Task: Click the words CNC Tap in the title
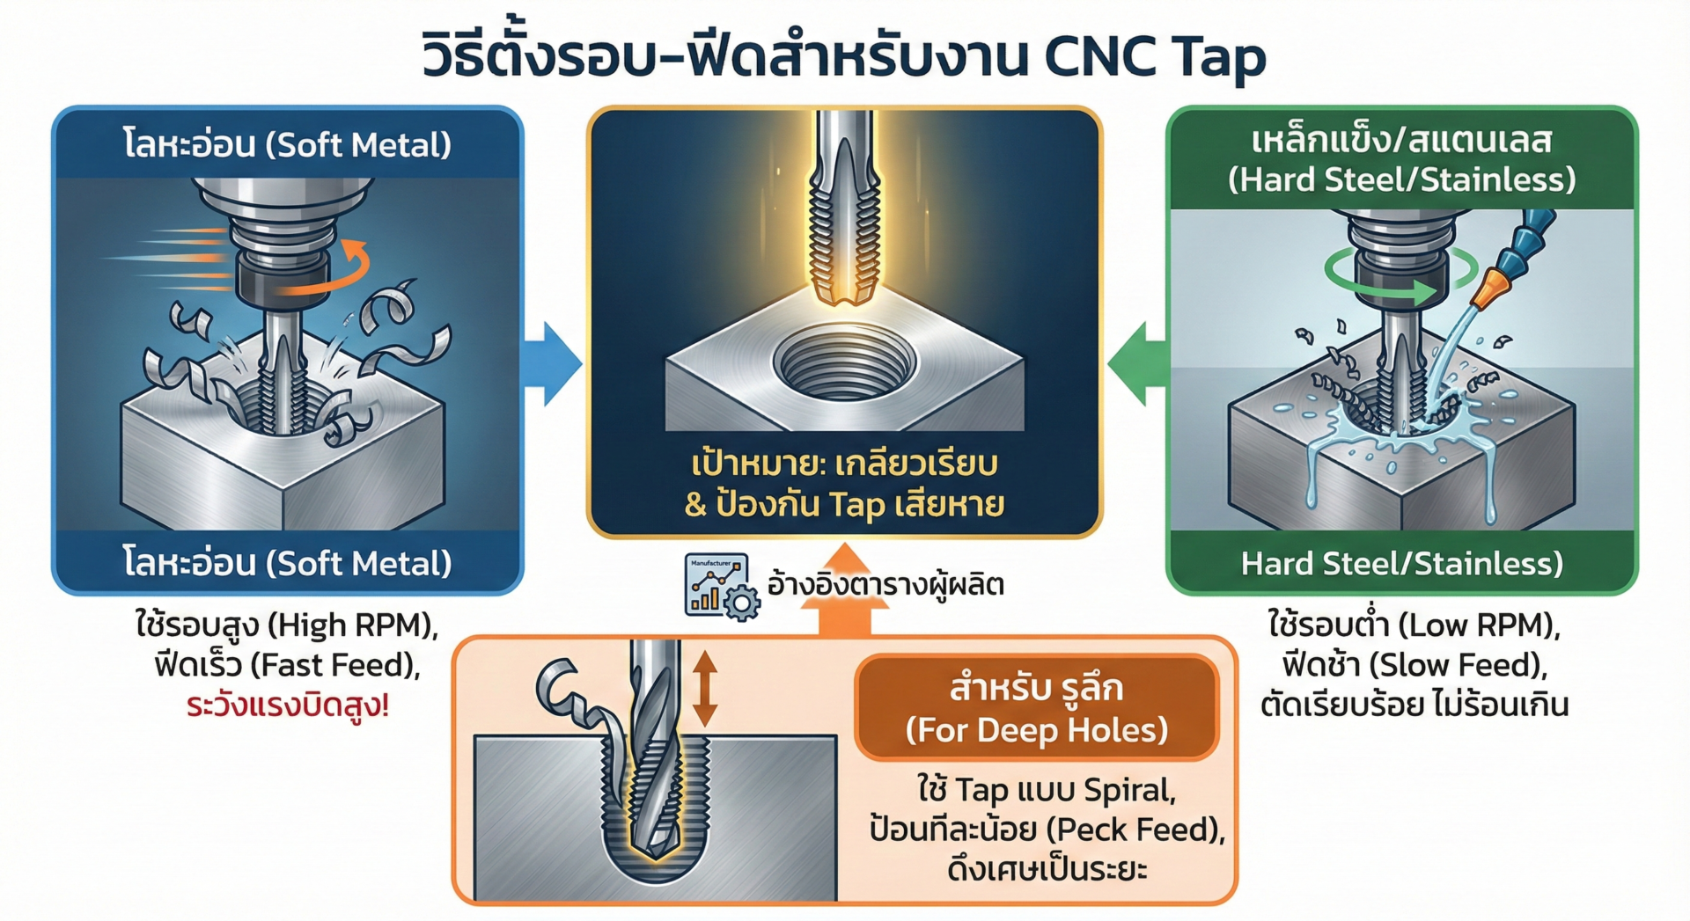click(x=1155, y=56)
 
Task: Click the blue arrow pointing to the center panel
click(x=553, y=363)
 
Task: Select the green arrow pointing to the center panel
click(x=1137, y=363)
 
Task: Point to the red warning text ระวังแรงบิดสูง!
click(x=288, y=705)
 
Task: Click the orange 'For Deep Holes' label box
click(x=1036, y=708)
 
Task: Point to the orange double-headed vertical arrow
click(x=704, y=688)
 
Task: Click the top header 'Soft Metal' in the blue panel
click(x=358, y=144)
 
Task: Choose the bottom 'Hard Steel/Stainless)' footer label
click(x=1401, y=563)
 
